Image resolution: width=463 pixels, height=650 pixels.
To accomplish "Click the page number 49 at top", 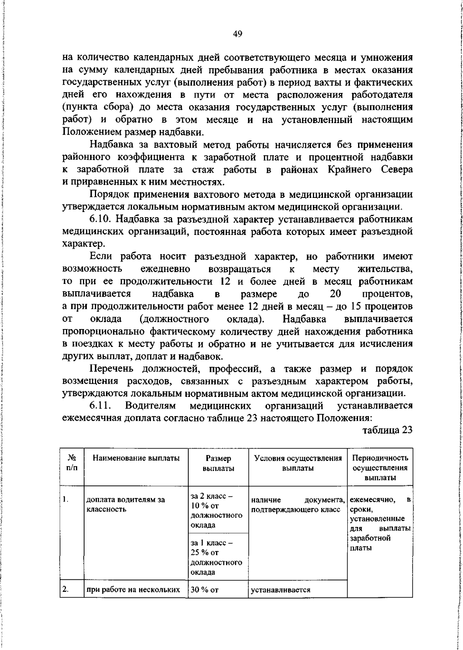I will pos(238,34).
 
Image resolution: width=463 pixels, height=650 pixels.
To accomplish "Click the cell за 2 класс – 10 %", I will pos(216,510).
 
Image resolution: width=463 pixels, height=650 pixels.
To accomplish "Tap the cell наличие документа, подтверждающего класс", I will pos(298,505).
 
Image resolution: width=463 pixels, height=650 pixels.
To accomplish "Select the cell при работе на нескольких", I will pos(133,589).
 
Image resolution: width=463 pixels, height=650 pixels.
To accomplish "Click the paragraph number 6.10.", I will pos(101,219).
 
